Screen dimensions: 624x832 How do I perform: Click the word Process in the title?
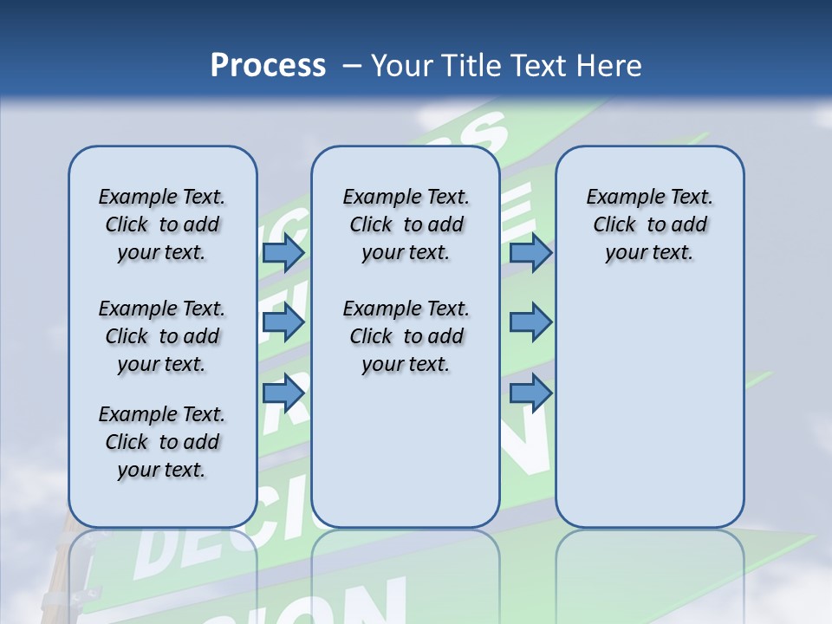268,66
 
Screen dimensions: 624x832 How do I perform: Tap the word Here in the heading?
608,66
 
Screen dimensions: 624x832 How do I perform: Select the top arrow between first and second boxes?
283,252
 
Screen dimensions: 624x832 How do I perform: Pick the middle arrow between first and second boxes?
283,322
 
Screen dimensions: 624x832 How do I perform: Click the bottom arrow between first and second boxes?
283,393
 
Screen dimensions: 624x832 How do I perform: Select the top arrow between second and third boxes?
530,252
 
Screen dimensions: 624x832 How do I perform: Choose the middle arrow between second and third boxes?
530,322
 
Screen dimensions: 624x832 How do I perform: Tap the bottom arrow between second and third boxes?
530,393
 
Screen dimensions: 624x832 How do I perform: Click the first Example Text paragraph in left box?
162,224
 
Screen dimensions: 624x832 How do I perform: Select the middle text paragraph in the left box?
162,336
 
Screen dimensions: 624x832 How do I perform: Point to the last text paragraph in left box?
162,442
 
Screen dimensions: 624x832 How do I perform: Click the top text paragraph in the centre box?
406,224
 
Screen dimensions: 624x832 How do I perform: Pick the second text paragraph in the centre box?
406,336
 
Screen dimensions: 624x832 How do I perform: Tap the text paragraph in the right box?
649,224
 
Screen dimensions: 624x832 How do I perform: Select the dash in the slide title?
352,66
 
